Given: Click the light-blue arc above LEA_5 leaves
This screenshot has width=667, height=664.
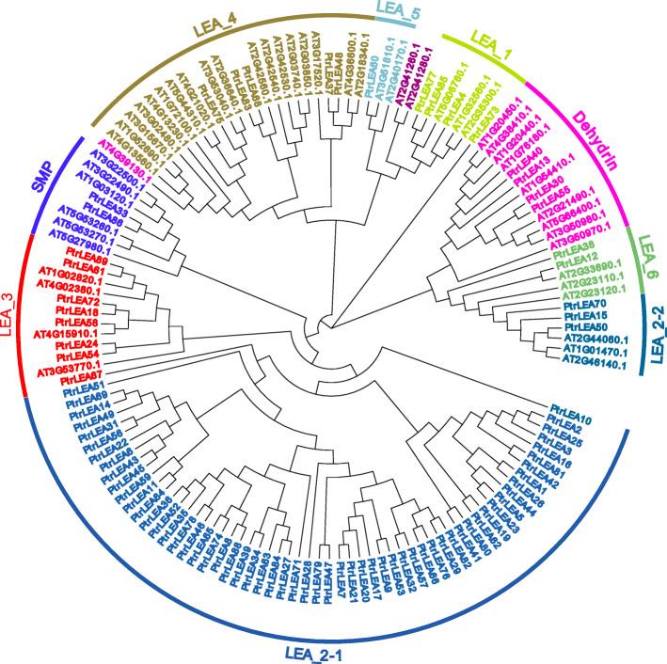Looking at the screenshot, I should pos(395,23).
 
